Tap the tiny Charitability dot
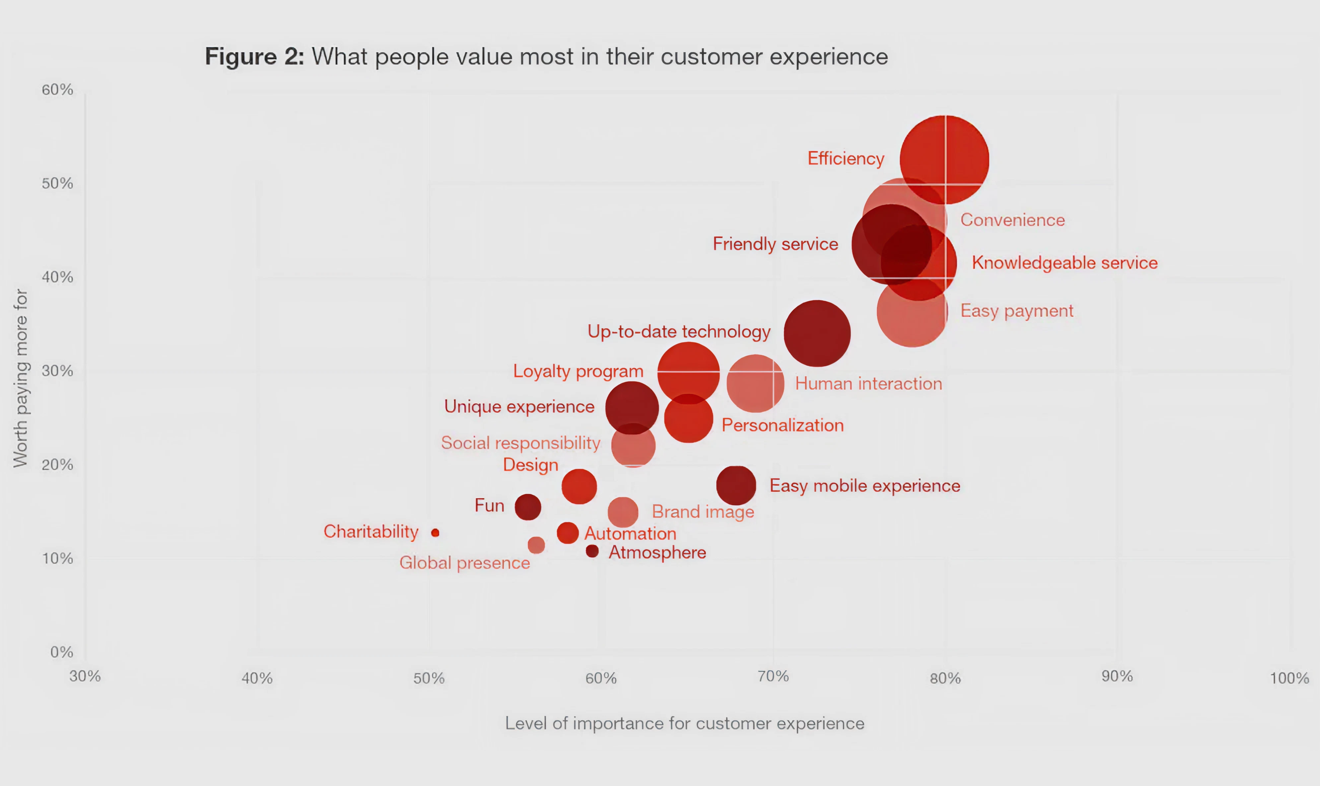435,533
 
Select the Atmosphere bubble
592,552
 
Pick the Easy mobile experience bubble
736,485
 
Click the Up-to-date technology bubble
817,333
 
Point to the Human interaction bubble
755,383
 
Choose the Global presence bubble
536,545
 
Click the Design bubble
579,486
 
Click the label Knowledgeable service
1064,263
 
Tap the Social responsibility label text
520,443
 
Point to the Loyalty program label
578,371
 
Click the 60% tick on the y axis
57,89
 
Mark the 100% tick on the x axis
1289,678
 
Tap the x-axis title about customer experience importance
684,723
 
